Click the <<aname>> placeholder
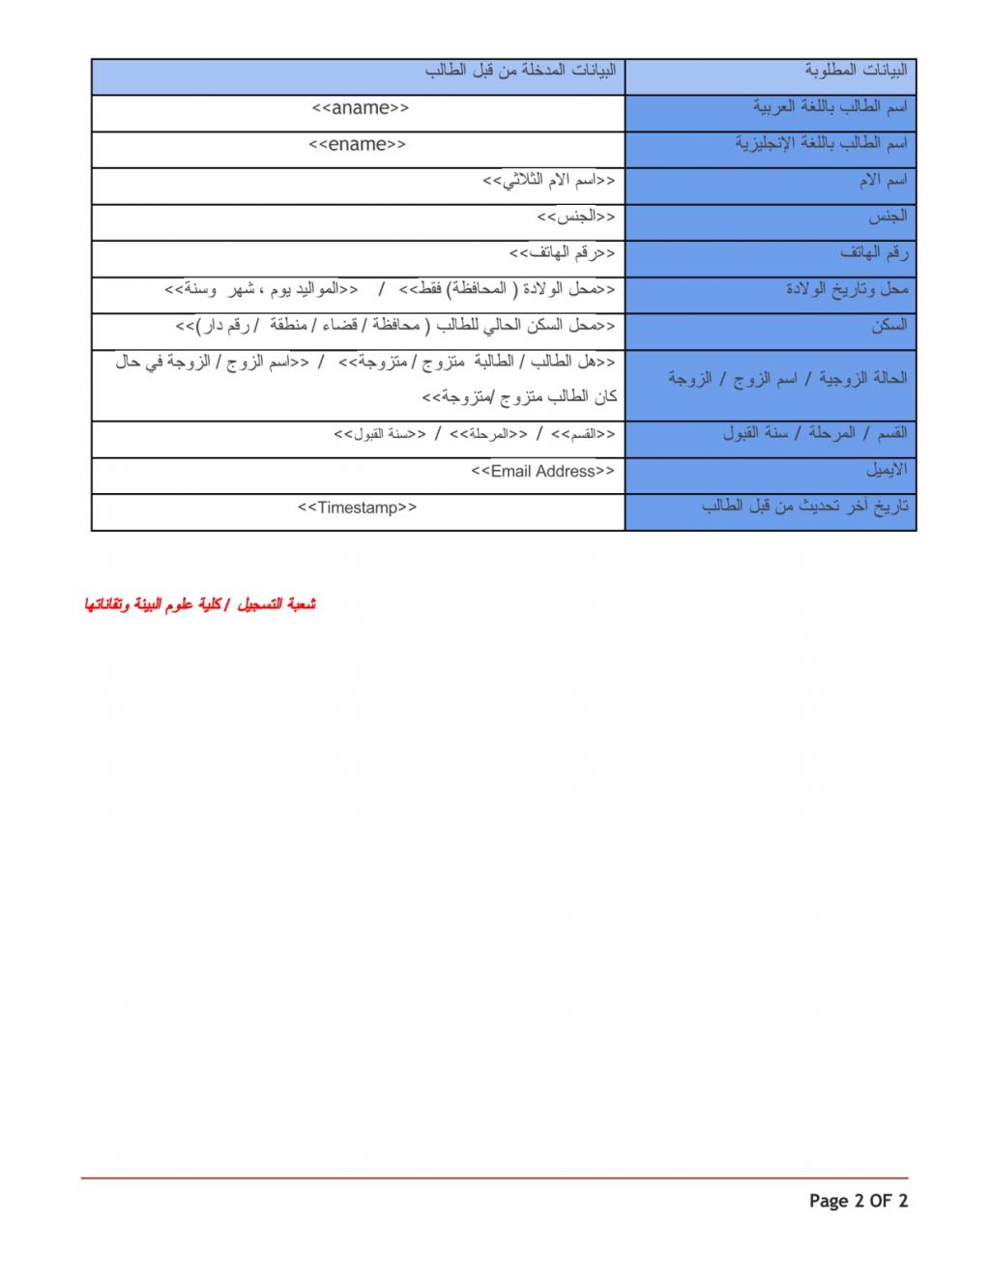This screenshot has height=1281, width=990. click(360, 108)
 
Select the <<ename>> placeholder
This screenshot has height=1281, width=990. click(357, 145)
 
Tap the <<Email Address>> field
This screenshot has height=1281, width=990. click(542, 471)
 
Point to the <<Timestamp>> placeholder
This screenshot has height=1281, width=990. click(357, 508)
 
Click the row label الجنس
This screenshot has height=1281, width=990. click(888, 216)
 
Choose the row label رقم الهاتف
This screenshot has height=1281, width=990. click(874, 252)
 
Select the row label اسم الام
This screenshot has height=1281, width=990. click(883, 180)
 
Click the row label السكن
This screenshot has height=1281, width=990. click(888, 325)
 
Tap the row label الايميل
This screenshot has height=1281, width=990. click(886, 470)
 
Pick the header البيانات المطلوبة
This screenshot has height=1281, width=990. click(856, 71)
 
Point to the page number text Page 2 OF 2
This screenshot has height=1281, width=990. click(859, 1202)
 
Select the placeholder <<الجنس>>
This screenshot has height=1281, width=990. click(576, 217)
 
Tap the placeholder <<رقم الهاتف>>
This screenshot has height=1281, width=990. click(563, 253)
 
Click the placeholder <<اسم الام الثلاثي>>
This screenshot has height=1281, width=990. click(549, 181)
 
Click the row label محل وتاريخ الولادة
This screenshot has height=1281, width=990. click(847, 288)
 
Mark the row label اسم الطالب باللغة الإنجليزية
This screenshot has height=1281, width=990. click(821, 143)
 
